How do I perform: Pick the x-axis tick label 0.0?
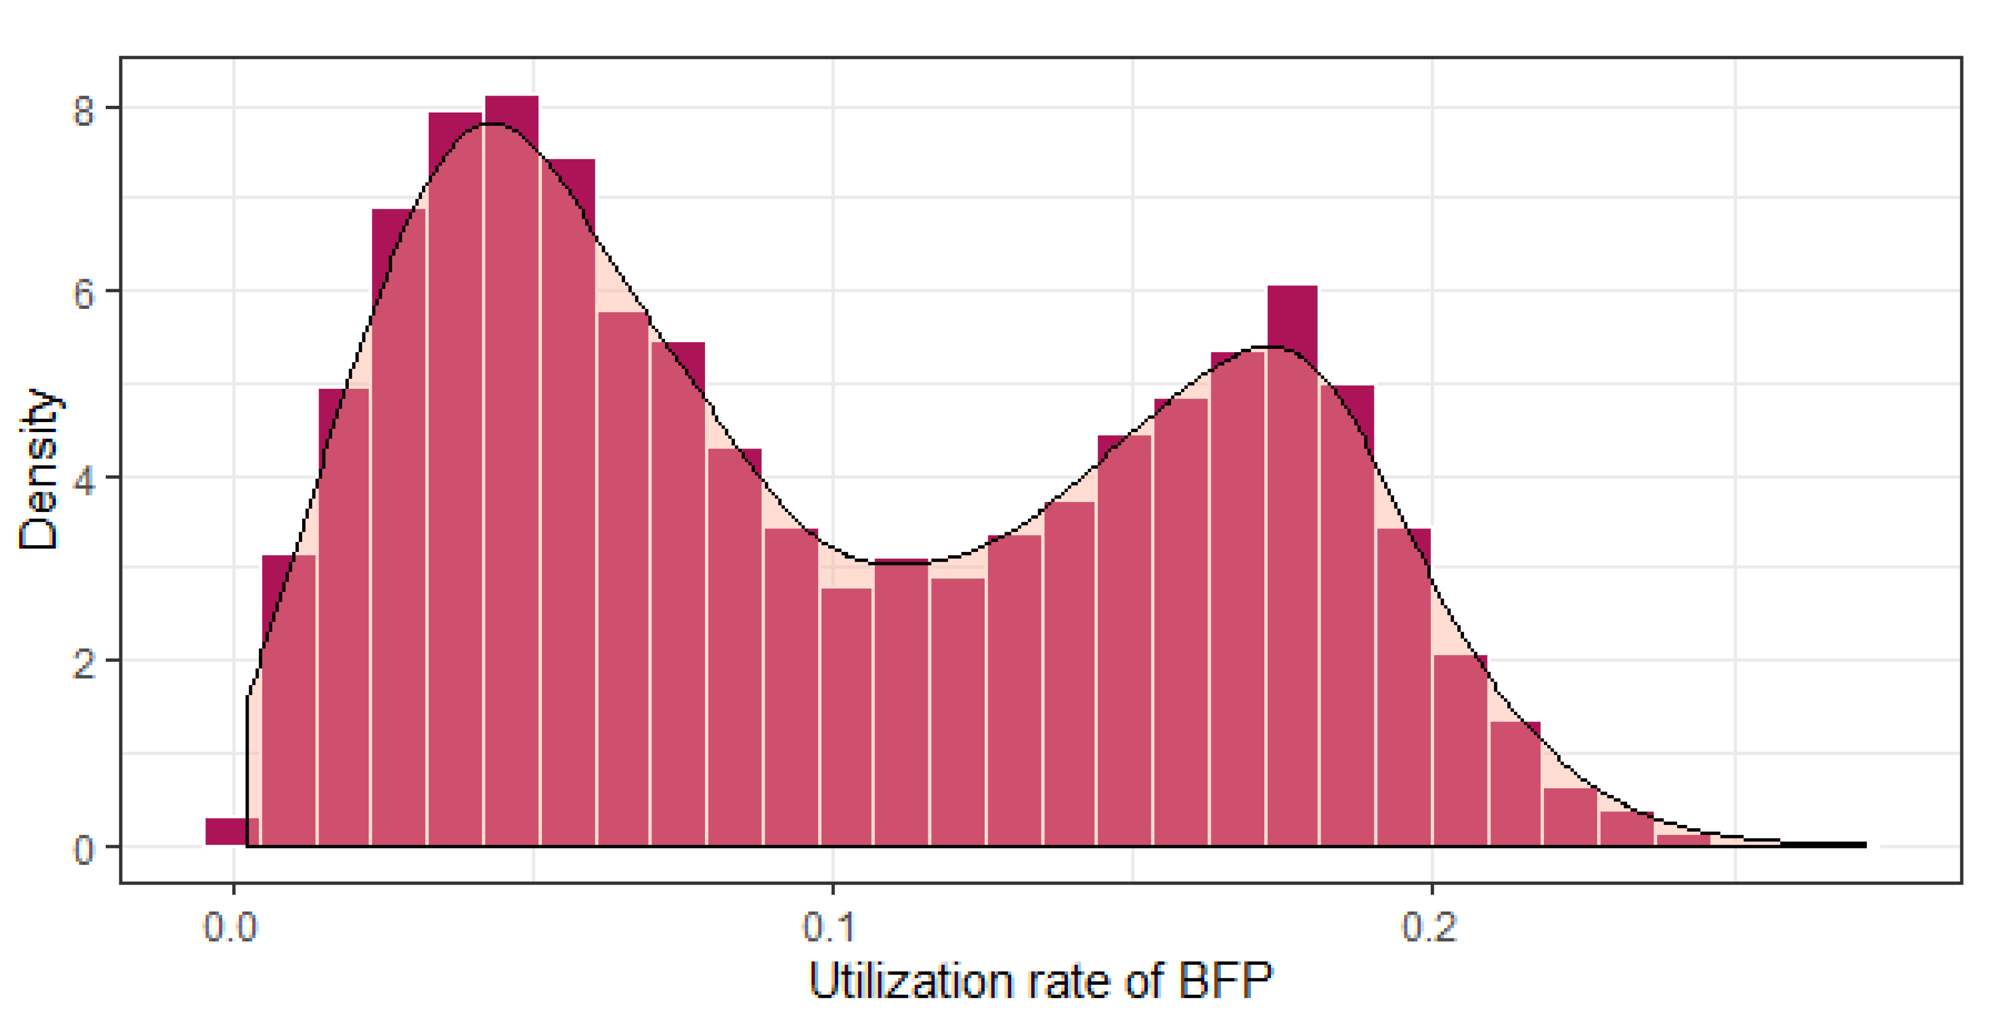(x=231, y=926)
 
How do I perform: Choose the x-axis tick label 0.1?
(x=830, y=926)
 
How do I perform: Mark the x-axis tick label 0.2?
(x=1430, y=926)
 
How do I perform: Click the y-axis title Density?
(x=39, y=469)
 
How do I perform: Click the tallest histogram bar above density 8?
(x=511, y=465)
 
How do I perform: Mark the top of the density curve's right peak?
(x=1269, y=347)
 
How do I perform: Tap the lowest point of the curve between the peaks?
(x=890, y=563)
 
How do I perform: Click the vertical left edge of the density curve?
(x=247, y=774)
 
